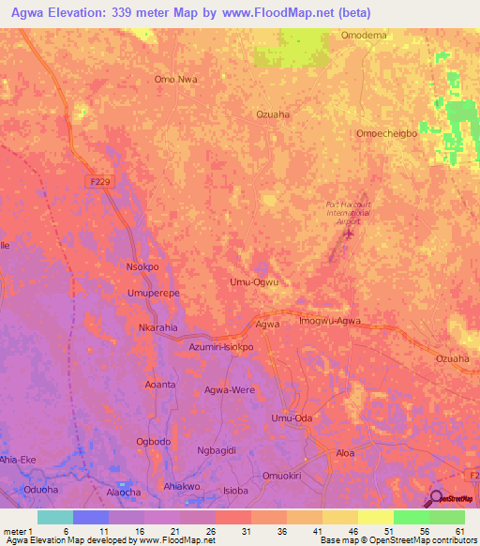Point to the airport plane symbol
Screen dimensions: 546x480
click(x=350, y=233)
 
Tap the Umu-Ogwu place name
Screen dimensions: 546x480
click(x=254, y=281)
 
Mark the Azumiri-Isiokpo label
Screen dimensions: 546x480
click(x=221, y=347)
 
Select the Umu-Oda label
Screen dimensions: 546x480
click(x=290, y=418)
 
